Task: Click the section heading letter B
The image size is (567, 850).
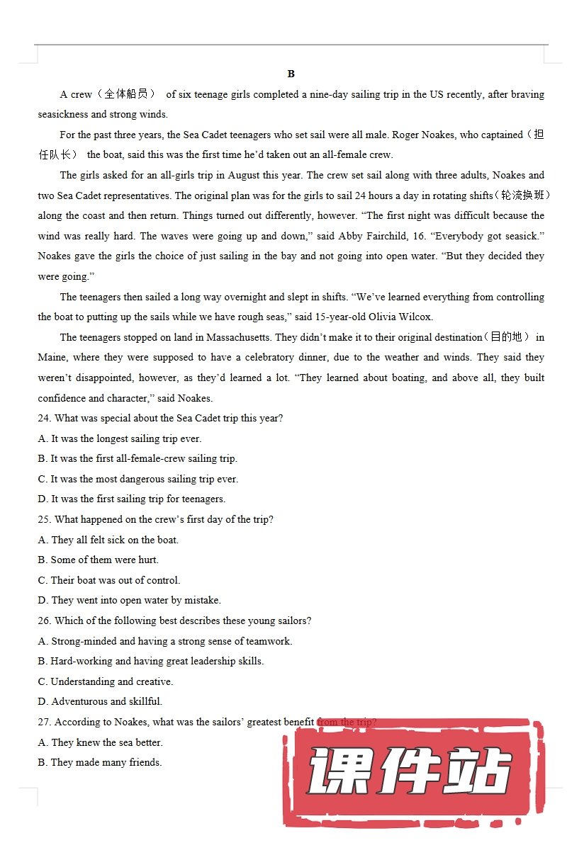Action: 291,74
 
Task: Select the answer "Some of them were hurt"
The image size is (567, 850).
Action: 99,560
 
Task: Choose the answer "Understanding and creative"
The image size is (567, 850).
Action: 106,681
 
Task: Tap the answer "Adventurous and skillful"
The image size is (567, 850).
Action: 101,701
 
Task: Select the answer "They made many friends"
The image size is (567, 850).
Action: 100,762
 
